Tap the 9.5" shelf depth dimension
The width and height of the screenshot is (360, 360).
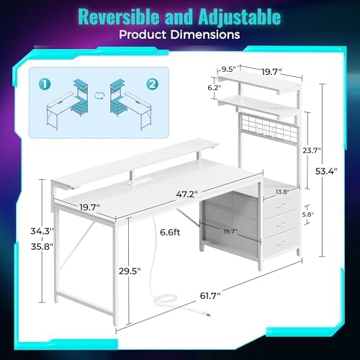[230, 71]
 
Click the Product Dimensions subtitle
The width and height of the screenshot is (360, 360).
[180, 35]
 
